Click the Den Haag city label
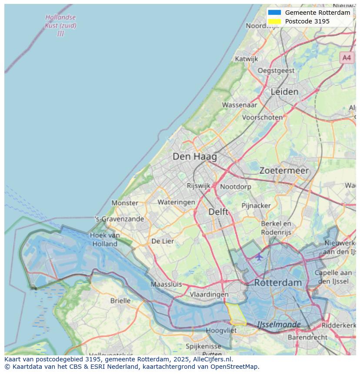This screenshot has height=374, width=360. (194, 156)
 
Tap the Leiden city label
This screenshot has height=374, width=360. (284, 92)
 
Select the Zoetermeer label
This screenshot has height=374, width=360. (284, 171)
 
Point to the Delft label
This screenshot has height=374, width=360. (218, 212)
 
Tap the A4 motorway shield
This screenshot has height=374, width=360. (346, 57)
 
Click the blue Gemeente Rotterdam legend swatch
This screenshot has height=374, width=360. (274, 13)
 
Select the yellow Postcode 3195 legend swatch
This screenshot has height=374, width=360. (274, 21)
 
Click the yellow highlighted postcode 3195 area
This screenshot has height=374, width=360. (235, 314)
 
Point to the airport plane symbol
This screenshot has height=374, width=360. (259, 257)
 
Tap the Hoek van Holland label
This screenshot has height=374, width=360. (105, 239)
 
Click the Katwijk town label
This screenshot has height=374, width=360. (246, 59)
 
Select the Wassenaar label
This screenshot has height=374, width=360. (240, 105)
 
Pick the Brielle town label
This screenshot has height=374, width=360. (120, 301)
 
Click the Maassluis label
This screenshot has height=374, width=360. (166, 285)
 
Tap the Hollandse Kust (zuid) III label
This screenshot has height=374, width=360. (60, 25)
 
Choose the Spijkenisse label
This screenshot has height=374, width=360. (203, 346)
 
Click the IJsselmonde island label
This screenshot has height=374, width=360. (279, 324)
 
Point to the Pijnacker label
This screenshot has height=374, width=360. (256, 205)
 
